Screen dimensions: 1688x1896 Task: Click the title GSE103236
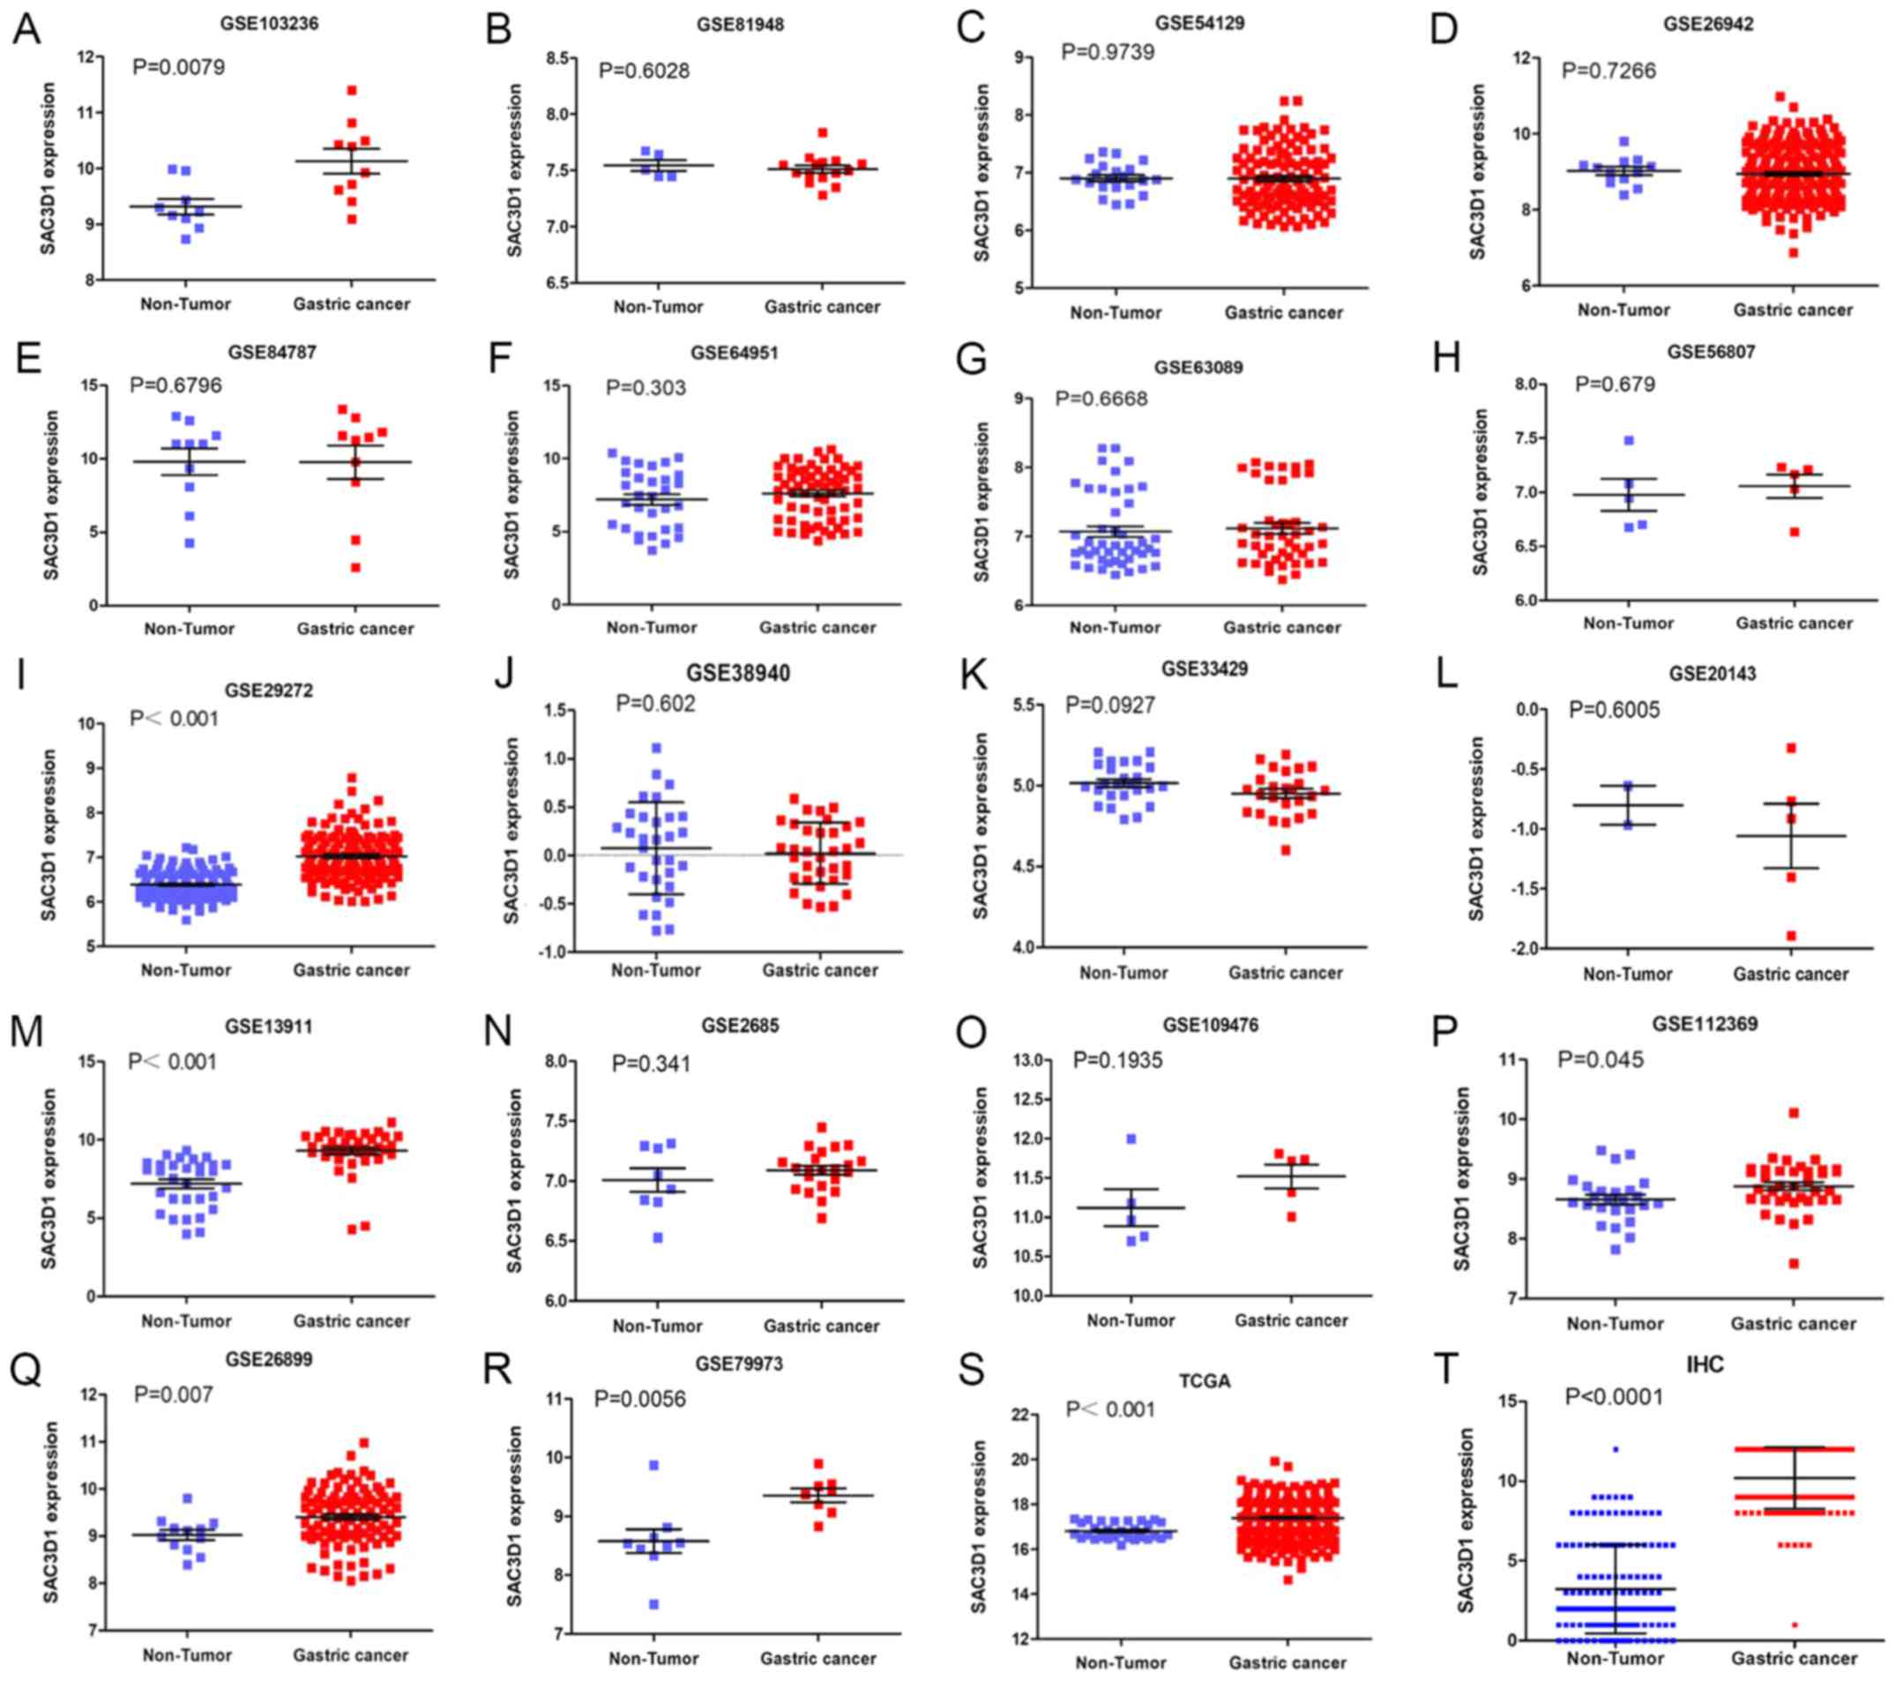point(269,23)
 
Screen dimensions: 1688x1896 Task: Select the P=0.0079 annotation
point(178,67)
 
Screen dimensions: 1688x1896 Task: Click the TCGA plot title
point(1204,1381)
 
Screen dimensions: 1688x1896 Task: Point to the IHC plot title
point(1705,1364)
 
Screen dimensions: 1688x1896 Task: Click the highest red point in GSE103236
point(352,91)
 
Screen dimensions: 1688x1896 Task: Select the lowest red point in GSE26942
point(1793,252)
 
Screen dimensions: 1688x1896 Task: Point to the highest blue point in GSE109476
point(1131,1139)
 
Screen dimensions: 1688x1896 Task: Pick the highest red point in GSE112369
point(1794,1113)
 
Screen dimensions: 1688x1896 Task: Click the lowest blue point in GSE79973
point(654,1604)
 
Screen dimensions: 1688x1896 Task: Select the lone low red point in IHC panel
point(1794,1625)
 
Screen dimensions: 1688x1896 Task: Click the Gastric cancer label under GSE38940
point(819,970)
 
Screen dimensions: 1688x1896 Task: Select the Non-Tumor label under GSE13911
point(185,1321)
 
